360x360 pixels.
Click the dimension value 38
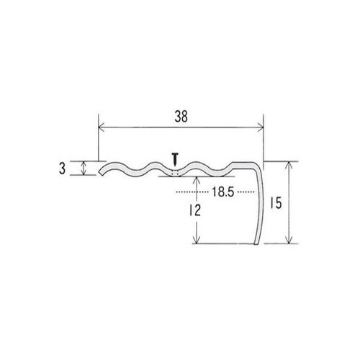tap(181, 117)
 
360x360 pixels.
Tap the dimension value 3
tap(62, 168)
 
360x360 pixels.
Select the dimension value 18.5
tap(222, 192)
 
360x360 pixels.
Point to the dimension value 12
tap(195, 210)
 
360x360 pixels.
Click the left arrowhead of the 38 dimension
tap(101, 127)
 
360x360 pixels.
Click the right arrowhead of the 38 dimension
tap(261, 127)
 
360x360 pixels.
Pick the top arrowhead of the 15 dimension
tap(289, 164)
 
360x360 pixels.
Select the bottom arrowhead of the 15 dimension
tap(289, 240)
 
